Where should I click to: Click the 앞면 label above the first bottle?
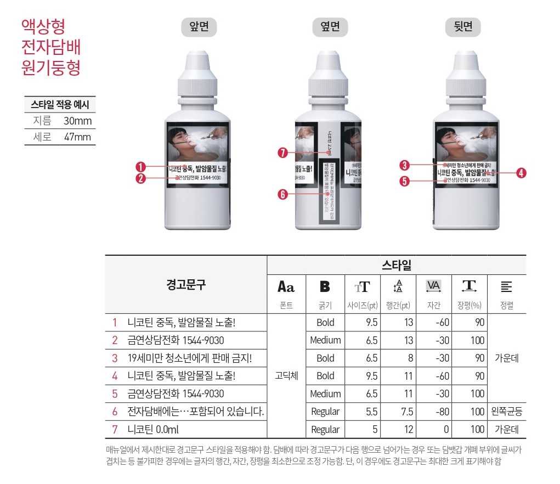coord(199,27)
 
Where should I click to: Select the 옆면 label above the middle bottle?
coord(330,27)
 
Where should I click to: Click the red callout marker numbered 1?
coord(141,167)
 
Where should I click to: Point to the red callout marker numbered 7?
coord(283,153)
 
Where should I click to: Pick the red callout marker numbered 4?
coord(521,173)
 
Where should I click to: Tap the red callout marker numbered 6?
coord(283,194)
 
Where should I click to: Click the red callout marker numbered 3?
coord(405,165)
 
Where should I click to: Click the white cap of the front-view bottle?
coord(199,74)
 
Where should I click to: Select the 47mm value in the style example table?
coord(77,137)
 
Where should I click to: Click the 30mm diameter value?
coord(77,121)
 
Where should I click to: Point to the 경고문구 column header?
coord(186,284)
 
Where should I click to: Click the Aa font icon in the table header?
coord(286,286)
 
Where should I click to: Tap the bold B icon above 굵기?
coord(325,286)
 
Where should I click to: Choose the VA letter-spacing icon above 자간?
coord(433,286)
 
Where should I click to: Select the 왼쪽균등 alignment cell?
coord(507,411)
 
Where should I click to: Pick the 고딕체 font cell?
coord(286,376)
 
